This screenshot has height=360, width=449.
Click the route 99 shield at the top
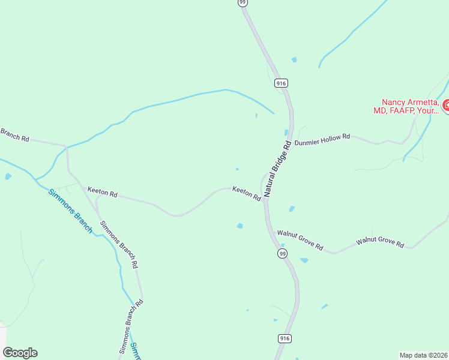[243, 2]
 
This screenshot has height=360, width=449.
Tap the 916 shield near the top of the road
[280, 83]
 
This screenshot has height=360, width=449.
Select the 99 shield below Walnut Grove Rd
[282, 254]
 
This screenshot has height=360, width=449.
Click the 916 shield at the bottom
[285, 339]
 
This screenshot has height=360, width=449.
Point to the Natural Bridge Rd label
[277, 170]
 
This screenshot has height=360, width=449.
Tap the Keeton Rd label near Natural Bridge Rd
[246, 193]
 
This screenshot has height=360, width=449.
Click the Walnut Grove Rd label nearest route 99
[300, 240]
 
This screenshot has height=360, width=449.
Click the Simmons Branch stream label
[70, 211]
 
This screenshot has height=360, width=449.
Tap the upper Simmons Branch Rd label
[118, 244]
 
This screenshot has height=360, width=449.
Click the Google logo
[20, 353]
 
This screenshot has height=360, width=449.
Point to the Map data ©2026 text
[423, 355]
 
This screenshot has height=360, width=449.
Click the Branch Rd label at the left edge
[14, 135]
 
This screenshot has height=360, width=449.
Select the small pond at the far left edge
[8, 176]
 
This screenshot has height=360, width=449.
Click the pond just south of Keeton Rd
[240, 226]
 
